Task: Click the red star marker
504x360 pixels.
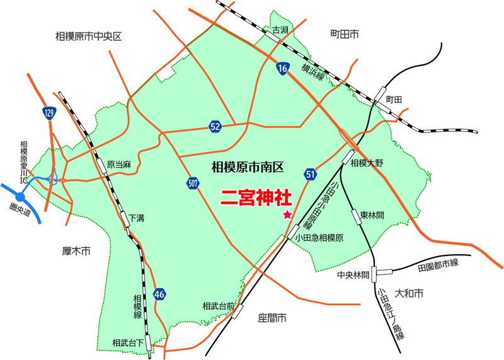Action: (287, 215)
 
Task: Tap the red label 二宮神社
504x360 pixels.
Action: (256, 197)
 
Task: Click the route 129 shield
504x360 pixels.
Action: (50, 113)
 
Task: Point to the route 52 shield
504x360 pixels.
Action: (215, 127)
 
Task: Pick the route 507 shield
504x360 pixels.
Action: (193, 183)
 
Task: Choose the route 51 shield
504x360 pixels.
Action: (309, 173)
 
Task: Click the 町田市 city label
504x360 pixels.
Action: (344, 33)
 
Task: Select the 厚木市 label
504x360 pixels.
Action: (77, 252)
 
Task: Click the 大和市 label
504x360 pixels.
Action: (408, 293)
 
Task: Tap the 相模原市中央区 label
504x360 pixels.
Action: (88, 37)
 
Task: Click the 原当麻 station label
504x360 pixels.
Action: (118, 165)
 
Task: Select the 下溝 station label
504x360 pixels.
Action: (137, 218)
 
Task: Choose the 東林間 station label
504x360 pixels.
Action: (373, 215)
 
